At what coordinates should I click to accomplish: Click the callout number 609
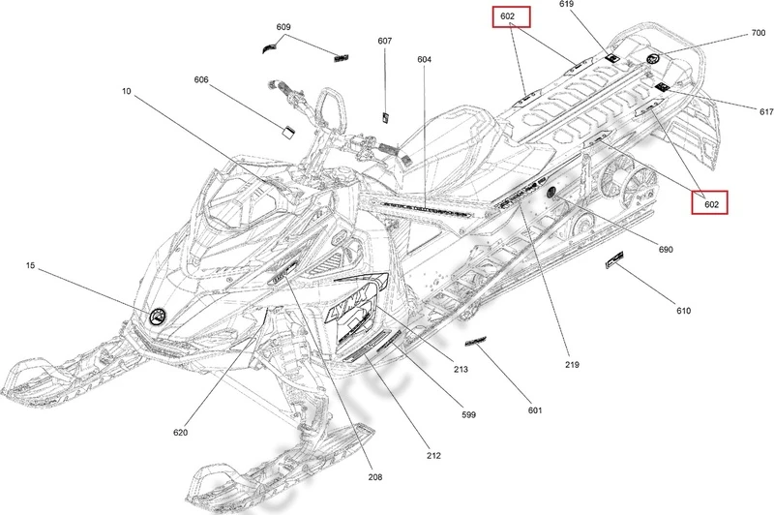[283, 27]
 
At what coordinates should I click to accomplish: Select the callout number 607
[385, 41]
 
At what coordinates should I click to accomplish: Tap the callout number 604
[425, 60]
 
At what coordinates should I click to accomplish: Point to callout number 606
[201, 79]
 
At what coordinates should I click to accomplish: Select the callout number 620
[183, 432]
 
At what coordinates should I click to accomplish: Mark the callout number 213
[461, 371]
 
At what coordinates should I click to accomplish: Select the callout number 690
[665, 250]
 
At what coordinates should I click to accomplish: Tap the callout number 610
[683, 312]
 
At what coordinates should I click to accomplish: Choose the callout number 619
[567, 6]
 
